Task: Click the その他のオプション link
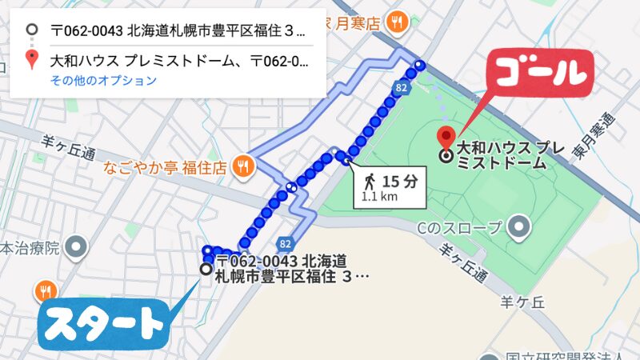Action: (x=103, y=81)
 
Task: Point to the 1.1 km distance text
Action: (x=378, y=196)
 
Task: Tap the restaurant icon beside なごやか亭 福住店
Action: (x=245, y=166)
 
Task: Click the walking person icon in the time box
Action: (x=369, y=181)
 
